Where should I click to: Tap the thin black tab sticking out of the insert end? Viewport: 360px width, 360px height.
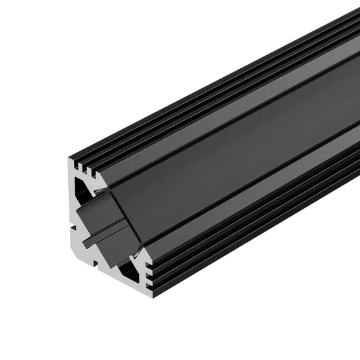[x=101, y=228]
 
